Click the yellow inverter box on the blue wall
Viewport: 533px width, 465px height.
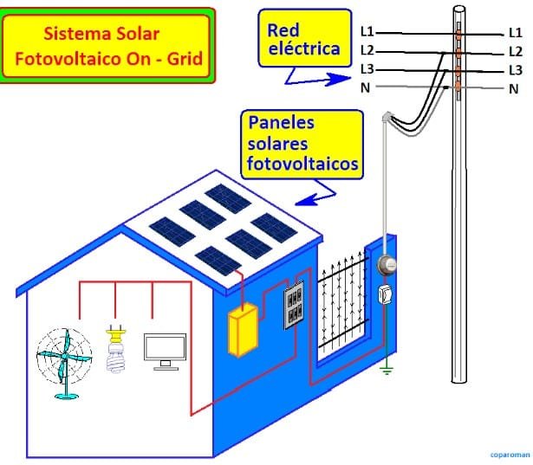point(243,329)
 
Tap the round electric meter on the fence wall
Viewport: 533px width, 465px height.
point(387,265)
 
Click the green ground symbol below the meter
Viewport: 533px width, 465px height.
point(387,370)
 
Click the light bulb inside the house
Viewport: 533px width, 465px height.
point(116,349)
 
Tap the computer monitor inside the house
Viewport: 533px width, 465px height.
point(165,352)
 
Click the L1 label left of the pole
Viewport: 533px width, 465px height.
point(367,32)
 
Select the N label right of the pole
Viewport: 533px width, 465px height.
point(513,89)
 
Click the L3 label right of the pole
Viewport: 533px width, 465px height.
point(516,70)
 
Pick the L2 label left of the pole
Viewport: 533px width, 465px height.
point(367,50)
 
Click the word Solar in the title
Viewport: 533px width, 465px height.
point(138,34)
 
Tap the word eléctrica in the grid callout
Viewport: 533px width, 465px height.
point(304,48)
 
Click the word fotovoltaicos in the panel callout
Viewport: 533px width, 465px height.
point(302,164)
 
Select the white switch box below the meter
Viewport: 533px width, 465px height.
point(386,294)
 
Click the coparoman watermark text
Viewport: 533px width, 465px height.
point(510,455)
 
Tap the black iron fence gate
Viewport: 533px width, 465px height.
point(342,301)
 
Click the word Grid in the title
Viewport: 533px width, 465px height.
point(185,59)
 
